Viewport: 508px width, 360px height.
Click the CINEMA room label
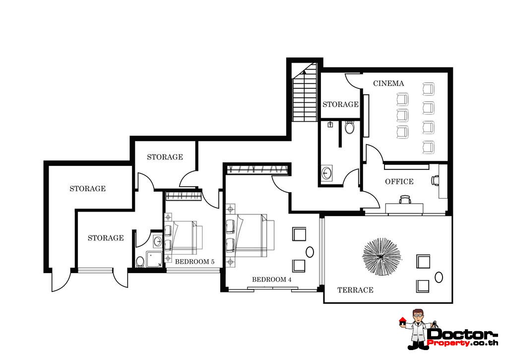tap(388, 83)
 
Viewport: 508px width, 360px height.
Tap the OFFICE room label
tap(399, 182)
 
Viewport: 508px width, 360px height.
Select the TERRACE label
tap(355, 290)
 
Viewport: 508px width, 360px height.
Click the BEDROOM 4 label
tap(271, 279)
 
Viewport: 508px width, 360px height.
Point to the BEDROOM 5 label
tap(194, 262)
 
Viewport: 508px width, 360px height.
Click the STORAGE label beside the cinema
tap(340, 104)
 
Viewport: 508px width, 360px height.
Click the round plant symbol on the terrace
tap(381, 257)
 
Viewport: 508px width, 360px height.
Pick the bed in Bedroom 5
tap(184, 237)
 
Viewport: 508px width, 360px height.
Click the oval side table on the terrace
tap(439, 277)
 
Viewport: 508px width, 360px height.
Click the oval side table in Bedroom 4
tap(310, 252)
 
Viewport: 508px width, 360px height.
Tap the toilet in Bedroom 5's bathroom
tap(140, 261)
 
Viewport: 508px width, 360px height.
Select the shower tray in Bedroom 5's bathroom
tap(154, 259)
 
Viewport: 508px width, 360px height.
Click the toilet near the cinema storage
tap(349, 127)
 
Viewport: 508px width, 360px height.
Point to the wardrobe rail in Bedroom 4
tap(258, 169)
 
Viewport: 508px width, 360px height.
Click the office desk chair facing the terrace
tap(405, 200)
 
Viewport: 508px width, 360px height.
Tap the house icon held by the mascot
tap(402, 321)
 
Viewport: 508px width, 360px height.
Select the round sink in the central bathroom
tap(326, 172)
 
